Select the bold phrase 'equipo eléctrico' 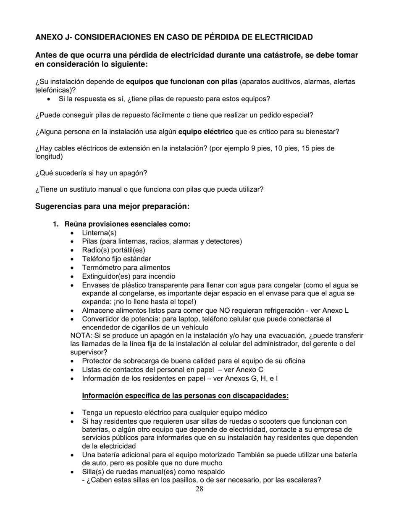point(205,132)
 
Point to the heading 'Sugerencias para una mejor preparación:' point(112,206)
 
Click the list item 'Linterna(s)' point(99,233)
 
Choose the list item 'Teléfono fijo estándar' point(116,259)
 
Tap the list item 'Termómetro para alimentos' point(126,268)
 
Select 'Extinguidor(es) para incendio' point(129,277)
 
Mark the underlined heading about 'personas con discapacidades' point(185,396)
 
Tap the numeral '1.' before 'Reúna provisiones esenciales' point(55,224)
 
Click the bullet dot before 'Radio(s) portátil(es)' point(73,251)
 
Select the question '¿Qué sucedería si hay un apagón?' point(91,173)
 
